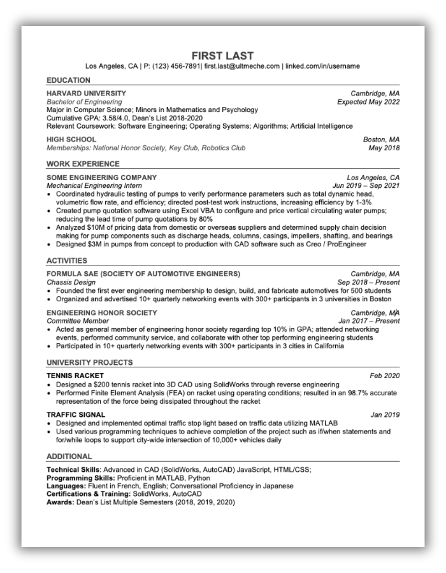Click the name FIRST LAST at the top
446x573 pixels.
223,55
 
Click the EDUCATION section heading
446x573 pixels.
69,80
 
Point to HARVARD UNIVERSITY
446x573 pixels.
87,94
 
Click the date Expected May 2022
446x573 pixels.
368,102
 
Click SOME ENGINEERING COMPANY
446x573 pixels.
102,178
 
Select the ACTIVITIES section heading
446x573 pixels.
67,261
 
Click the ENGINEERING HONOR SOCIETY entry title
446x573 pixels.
102,313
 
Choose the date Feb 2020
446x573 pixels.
385,376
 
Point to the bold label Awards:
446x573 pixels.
59,502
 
